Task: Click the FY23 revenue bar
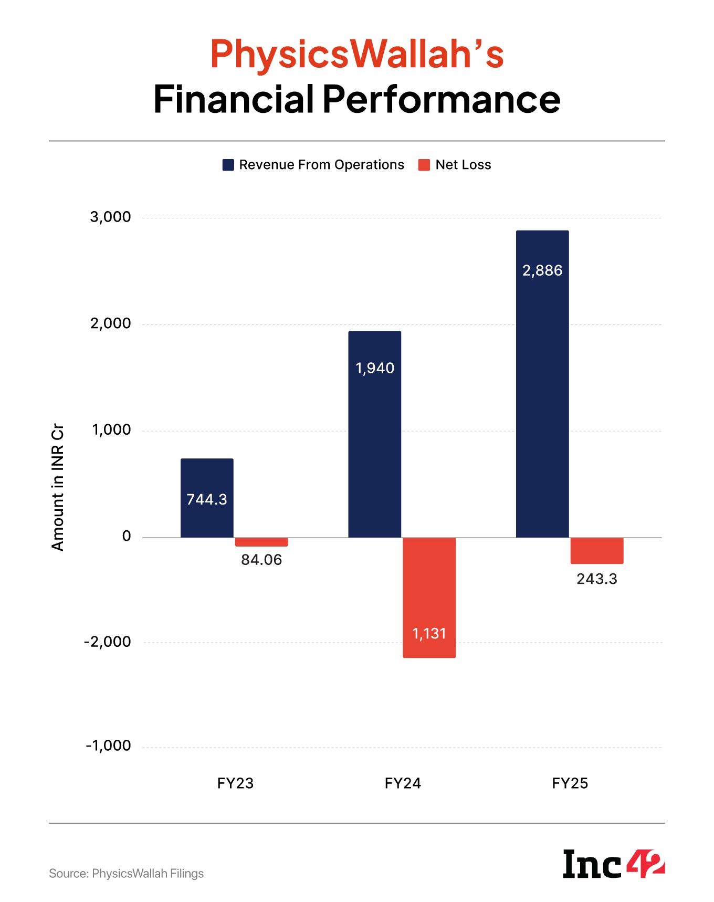coord(207,498)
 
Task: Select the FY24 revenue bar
coord(375,434)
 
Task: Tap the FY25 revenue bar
coord(542,383)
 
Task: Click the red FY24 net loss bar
coord(429,597)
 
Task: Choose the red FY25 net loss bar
coord(597,551)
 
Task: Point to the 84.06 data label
coord(261,560)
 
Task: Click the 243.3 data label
coord(597,579)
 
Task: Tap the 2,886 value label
coord(542,270)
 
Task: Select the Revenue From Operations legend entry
coord(313,165)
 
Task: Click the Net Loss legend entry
coord(455,165)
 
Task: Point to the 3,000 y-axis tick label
coord(110,217)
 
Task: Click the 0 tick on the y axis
coord(127,536)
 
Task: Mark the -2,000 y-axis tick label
coord(108,642)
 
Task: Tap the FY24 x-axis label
coord(403,783)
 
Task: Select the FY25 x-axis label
coord(570,783)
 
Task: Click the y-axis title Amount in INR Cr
coord(57,487)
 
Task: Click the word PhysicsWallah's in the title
coord(357,54)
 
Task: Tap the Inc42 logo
coord(613,864)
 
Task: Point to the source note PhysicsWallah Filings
coord(126,874)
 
